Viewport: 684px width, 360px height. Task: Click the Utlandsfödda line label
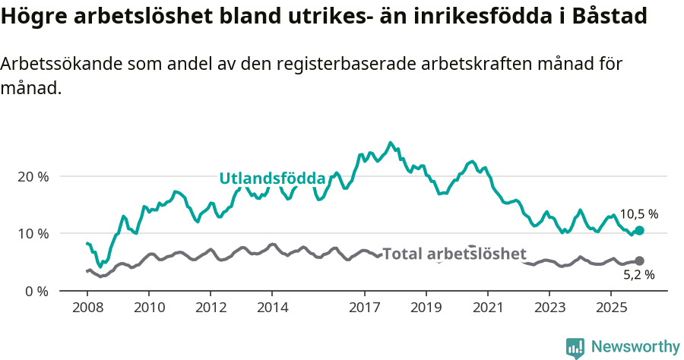(x=272, y=178)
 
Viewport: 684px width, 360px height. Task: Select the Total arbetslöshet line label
(x=454, y=254)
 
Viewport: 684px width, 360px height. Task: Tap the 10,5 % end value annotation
(x=638, y=214)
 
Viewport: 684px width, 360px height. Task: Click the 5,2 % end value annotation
(x=638, y=275)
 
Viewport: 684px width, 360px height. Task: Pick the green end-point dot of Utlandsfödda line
(x=639, y=230)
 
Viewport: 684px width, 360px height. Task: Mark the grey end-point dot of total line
(x=639, y=261)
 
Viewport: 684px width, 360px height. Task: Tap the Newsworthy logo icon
(x=575, y=347)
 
